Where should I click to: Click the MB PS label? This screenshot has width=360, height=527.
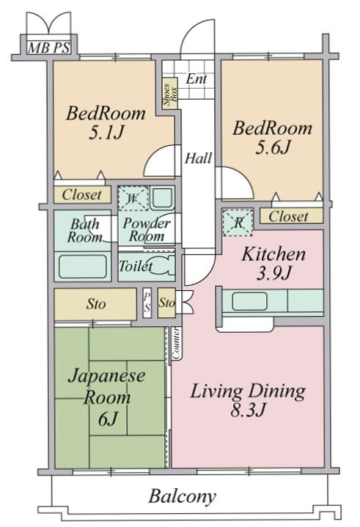click(x=49, y=48)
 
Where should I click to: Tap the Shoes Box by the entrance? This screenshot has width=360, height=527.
click(x=169, y=93)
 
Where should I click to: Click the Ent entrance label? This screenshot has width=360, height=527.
click(x=196, y=79)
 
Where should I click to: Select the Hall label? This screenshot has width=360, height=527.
click(x=198, y=158)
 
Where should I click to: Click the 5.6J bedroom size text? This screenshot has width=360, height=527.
click(x=272, y=147)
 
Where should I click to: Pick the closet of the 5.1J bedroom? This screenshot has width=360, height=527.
click(x=82, y=194)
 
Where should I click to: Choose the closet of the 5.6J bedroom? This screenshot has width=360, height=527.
click(x=291, y=216)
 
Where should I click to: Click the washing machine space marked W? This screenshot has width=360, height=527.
click(x=133, y=199)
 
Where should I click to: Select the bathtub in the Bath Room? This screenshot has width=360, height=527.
click(x=83, y=266)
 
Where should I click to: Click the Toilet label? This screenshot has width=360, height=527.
click(x=136, y=266)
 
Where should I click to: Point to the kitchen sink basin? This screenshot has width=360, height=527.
click(x=249, y=301)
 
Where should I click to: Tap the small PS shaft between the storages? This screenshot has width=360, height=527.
click(x=147, y=303)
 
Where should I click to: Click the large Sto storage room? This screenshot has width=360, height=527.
click(x=95, y=304)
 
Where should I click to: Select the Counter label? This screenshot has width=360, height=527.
click(x=176, y=343)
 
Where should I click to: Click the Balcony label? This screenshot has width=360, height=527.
click(x=182, y=496)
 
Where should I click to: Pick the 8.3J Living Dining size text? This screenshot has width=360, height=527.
click(x=248, y=410)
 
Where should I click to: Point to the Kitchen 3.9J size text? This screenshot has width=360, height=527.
click(x=273, y=274)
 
